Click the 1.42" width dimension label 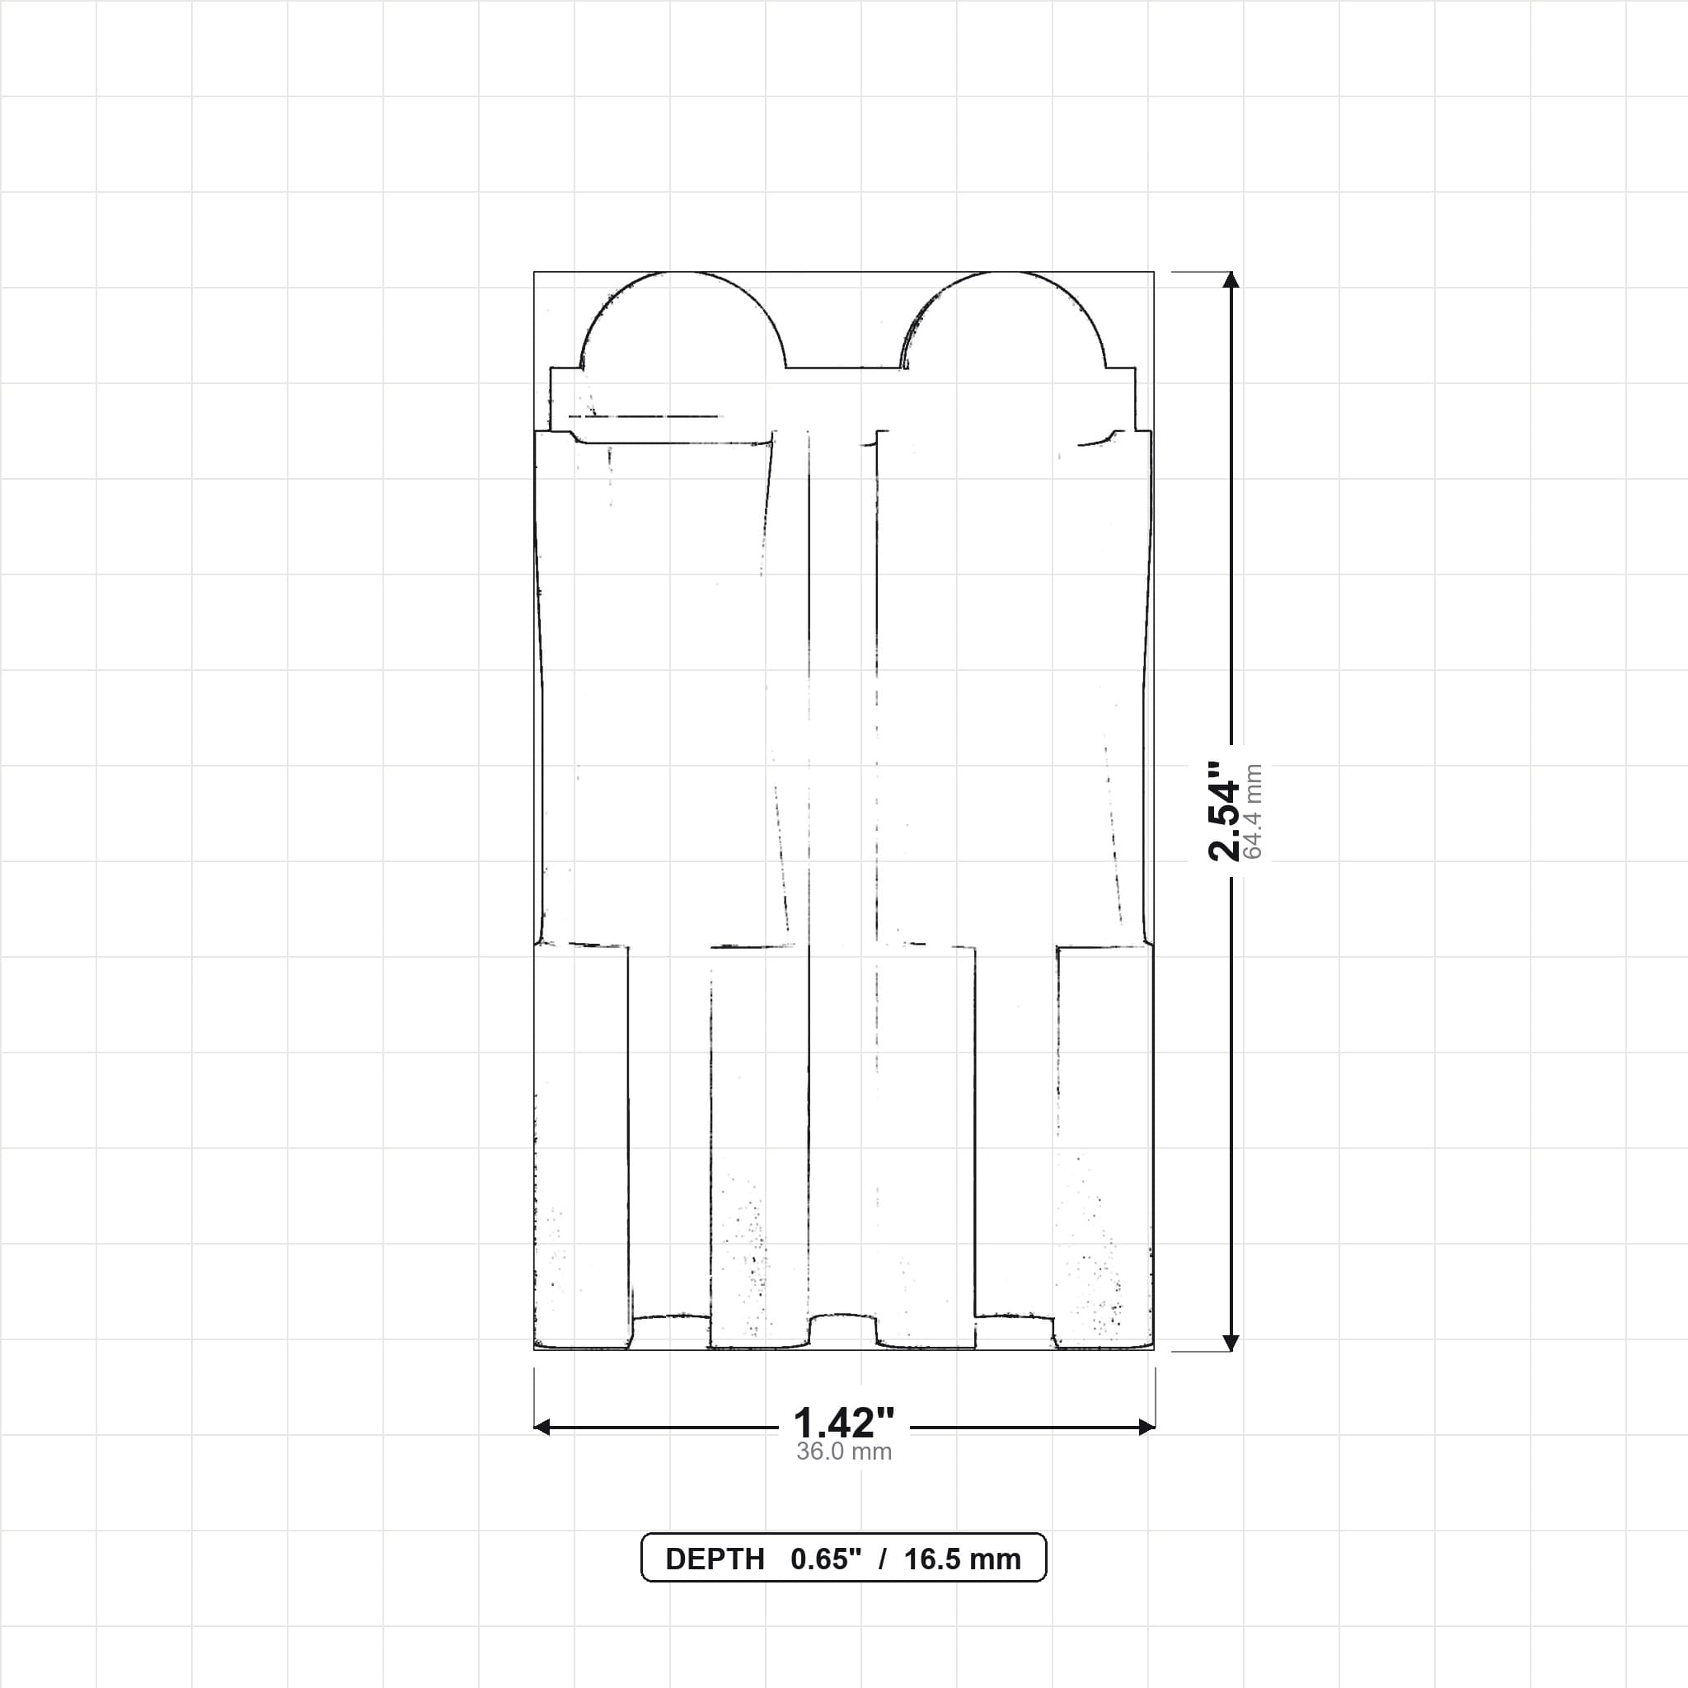(844, 1423)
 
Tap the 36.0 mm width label (844, 1452)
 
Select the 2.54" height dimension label (1223, 811)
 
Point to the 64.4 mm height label (1253, 812)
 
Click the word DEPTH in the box (715, 1559)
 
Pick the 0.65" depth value (826, 1559)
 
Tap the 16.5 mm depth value (962, 1559)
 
